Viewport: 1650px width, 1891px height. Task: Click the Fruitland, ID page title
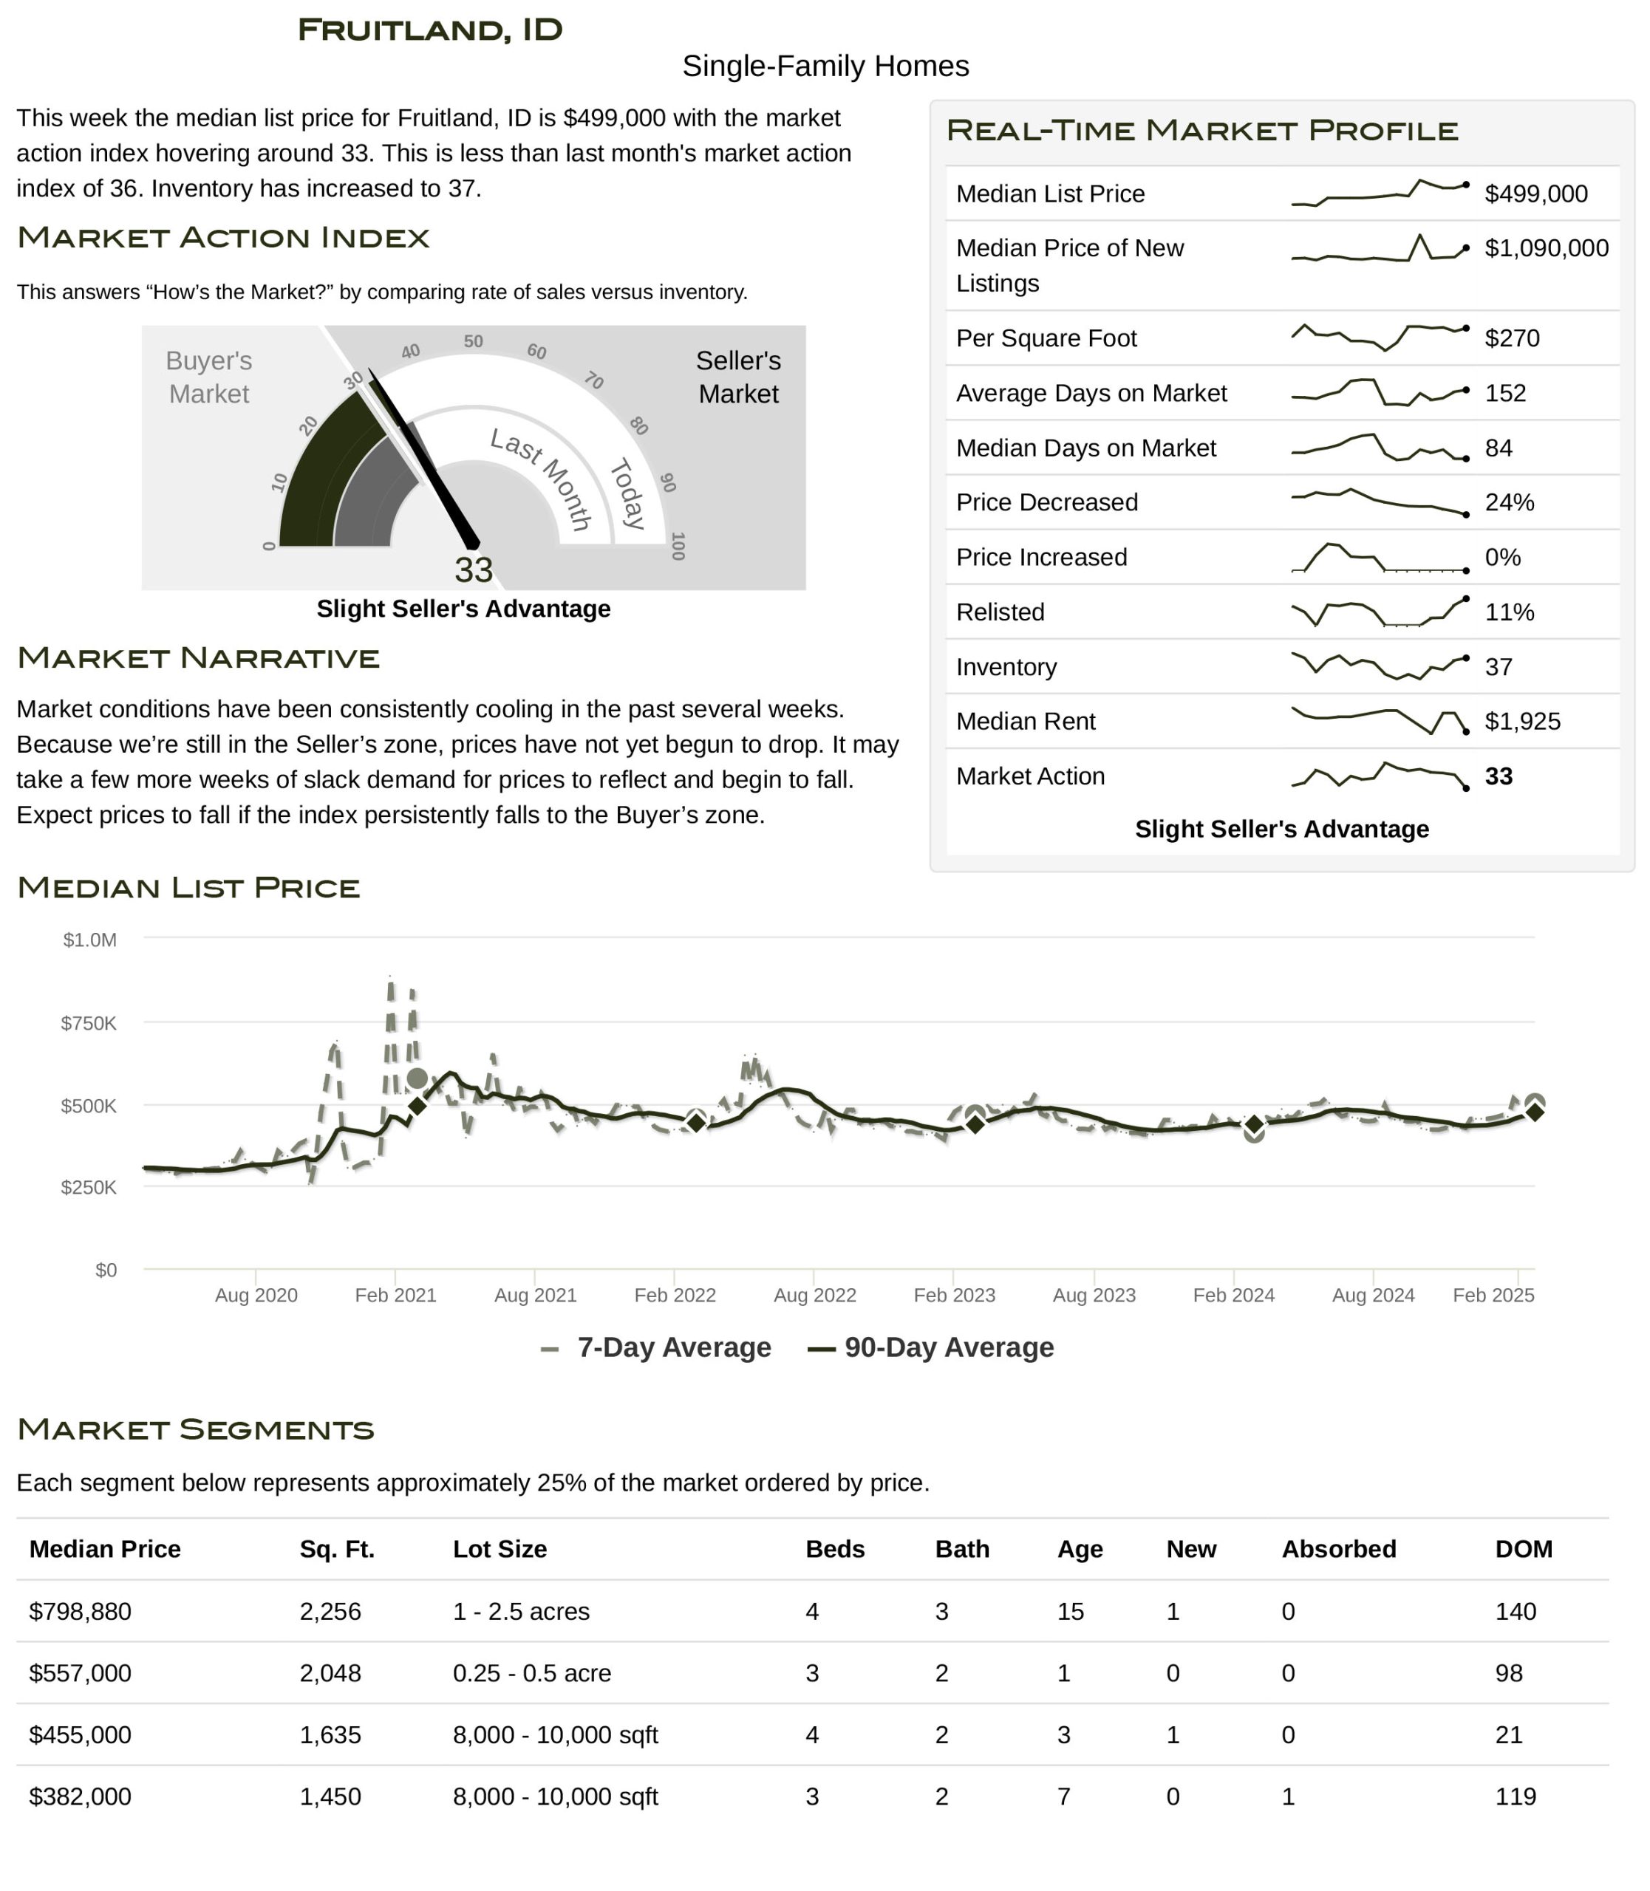[429, 30]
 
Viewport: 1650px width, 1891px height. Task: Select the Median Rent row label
[1025, 721]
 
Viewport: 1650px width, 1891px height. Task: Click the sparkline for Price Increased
[1380, 558]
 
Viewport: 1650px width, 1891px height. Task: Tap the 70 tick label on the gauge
[594, 380]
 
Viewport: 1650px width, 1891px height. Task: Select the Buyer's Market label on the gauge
[209, 377]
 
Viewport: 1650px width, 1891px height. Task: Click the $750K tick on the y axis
[89, 1023]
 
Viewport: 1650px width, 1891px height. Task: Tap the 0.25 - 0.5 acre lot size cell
[531, 1673]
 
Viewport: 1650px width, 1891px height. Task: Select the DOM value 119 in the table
[1515, 1796]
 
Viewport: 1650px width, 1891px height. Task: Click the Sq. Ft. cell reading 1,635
[330, 1734]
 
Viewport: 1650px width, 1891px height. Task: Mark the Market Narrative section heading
[198, 657]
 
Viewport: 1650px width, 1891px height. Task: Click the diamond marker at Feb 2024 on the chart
[1254, 1125]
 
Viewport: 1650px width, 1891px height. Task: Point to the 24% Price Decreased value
[1509, 503]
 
